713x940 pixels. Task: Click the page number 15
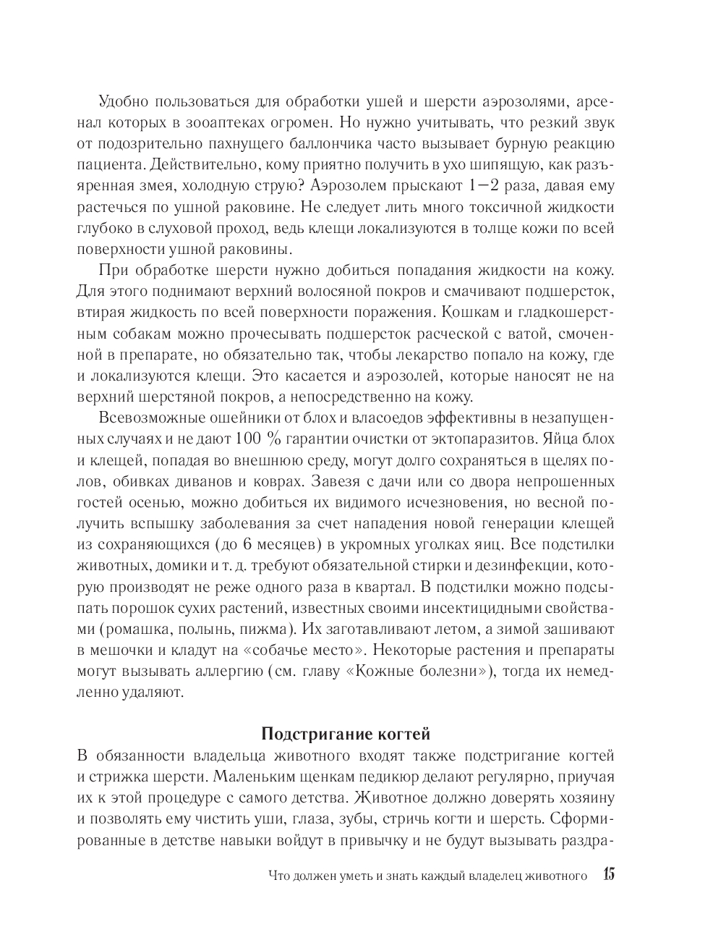[607, 875]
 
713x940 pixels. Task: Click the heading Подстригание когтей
[345, 734]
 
